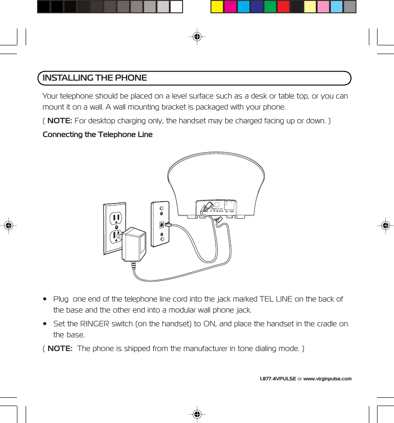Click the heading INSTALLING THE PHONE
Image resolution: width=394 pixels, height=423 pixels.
[x=95, y=78]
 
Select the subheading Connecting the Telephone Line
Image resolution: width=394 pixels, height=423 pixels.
[x=97, y=134]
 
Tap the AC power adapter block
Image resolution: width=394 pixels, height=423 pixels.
[x=134, y=244]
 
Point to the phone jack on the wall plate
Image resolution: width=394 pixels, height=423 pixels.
[x=162, y=225]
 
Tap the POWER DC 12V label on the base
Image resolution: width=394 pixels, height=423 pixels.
[x=216, y=209]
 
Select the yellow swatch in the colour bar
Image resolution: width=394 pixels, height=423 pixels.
[x=217, y=7]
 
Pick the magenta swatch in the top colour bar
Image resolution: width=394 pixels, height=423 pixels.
[x=230, y=7]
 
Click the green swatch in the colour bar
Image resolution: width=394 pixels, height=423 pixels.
[x=270, y=7]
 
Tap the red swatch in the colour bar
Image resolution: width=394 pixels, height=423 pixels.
[x=283, y=7]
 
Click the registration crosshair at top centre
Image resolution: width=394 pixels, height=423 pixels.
[x=197, y=37]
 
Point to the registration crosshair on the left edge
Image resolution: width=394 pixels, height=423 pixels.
[x=8, y=225]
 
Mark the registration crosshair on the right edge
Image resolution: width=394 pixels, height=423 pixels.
[x=386, y=225]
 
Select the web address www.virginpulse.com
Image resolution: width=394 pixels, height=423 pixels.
[x=327, y=379]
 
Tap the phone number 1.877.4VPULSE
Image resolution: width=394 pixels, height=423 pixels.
[x=277, y=379]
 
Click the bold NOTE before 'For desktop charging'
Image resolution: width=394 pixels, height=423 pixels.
[x=59, y=121]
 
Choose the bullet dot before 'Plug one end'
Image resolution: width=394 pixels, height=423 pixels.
[x=44, y=299]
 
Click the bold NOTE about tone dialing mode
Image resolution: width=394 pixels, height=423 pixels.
[x=59, y=348]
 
